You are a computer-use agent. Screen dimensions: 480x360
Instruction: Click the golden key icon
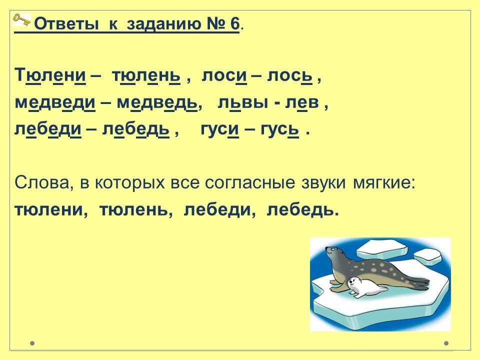pyautogui.click(x=21, y=20)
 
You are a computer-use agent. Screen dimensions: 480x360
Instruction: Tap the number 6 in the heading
pyautogui.click(x=234, y=24)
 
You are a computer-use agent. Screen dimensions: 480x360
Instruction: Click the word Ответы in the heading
pyautogui.click(x=66, y=24)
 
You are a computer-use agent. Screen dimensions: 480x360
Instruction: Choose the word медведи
pyautogui.click(x=55, y=103)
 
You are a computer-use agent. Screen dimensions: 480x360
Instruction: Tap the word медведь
pyautogui.click(x=157, y=103)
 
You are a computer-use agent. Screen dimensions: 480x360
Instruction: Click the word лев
pyautogui.click(x=302, y=103)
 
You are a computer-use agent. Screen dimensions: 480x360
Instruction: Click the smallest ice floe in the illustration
pyautogui.click(x=427, y=256)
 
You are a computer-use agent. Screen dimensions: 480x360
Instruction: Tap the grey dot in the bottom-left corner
pyautogui.click(x=32, y=343)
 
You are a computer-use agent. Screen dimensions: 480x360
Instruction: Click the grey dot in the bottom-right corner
pyautogui.click(x=446, y=343)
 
